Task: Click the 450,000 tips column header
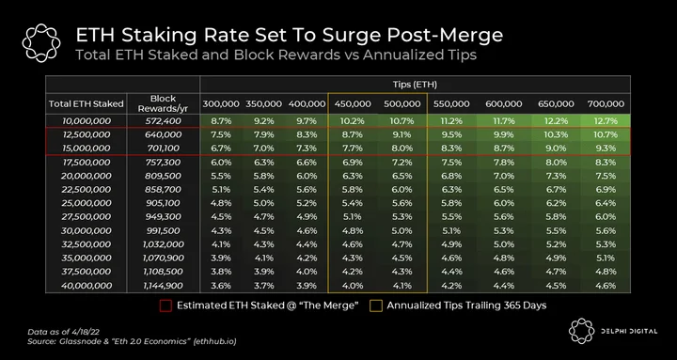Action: [353, 104]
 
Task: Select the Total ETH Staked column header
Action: [86, 104]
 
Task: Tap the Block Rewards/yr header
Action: [164, 103]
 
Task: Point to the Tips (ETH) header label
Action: [415, 85]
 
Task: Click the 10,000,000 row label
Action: [87, 121]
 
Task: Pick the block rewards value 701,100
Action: [164, 149]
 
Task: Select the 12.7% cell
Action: [606, 121]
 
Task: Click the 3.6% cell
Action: [221, 286]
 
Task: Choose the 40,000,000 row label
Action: [87, 286]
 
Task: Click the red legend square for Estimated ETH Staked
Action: [165, 305]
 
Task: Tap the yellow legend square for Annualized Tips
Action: [376, 305]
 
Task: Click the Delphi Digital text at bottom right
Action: [630, 332]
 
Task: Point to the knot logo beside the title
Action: [41, 43]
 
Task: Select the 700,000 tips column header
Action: [606, 104]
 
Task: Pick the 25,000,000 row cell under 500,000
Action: [402, 203]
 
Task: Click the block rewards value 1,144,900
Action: [163, 286]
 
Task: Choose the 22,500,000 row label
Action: [87, 190]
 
